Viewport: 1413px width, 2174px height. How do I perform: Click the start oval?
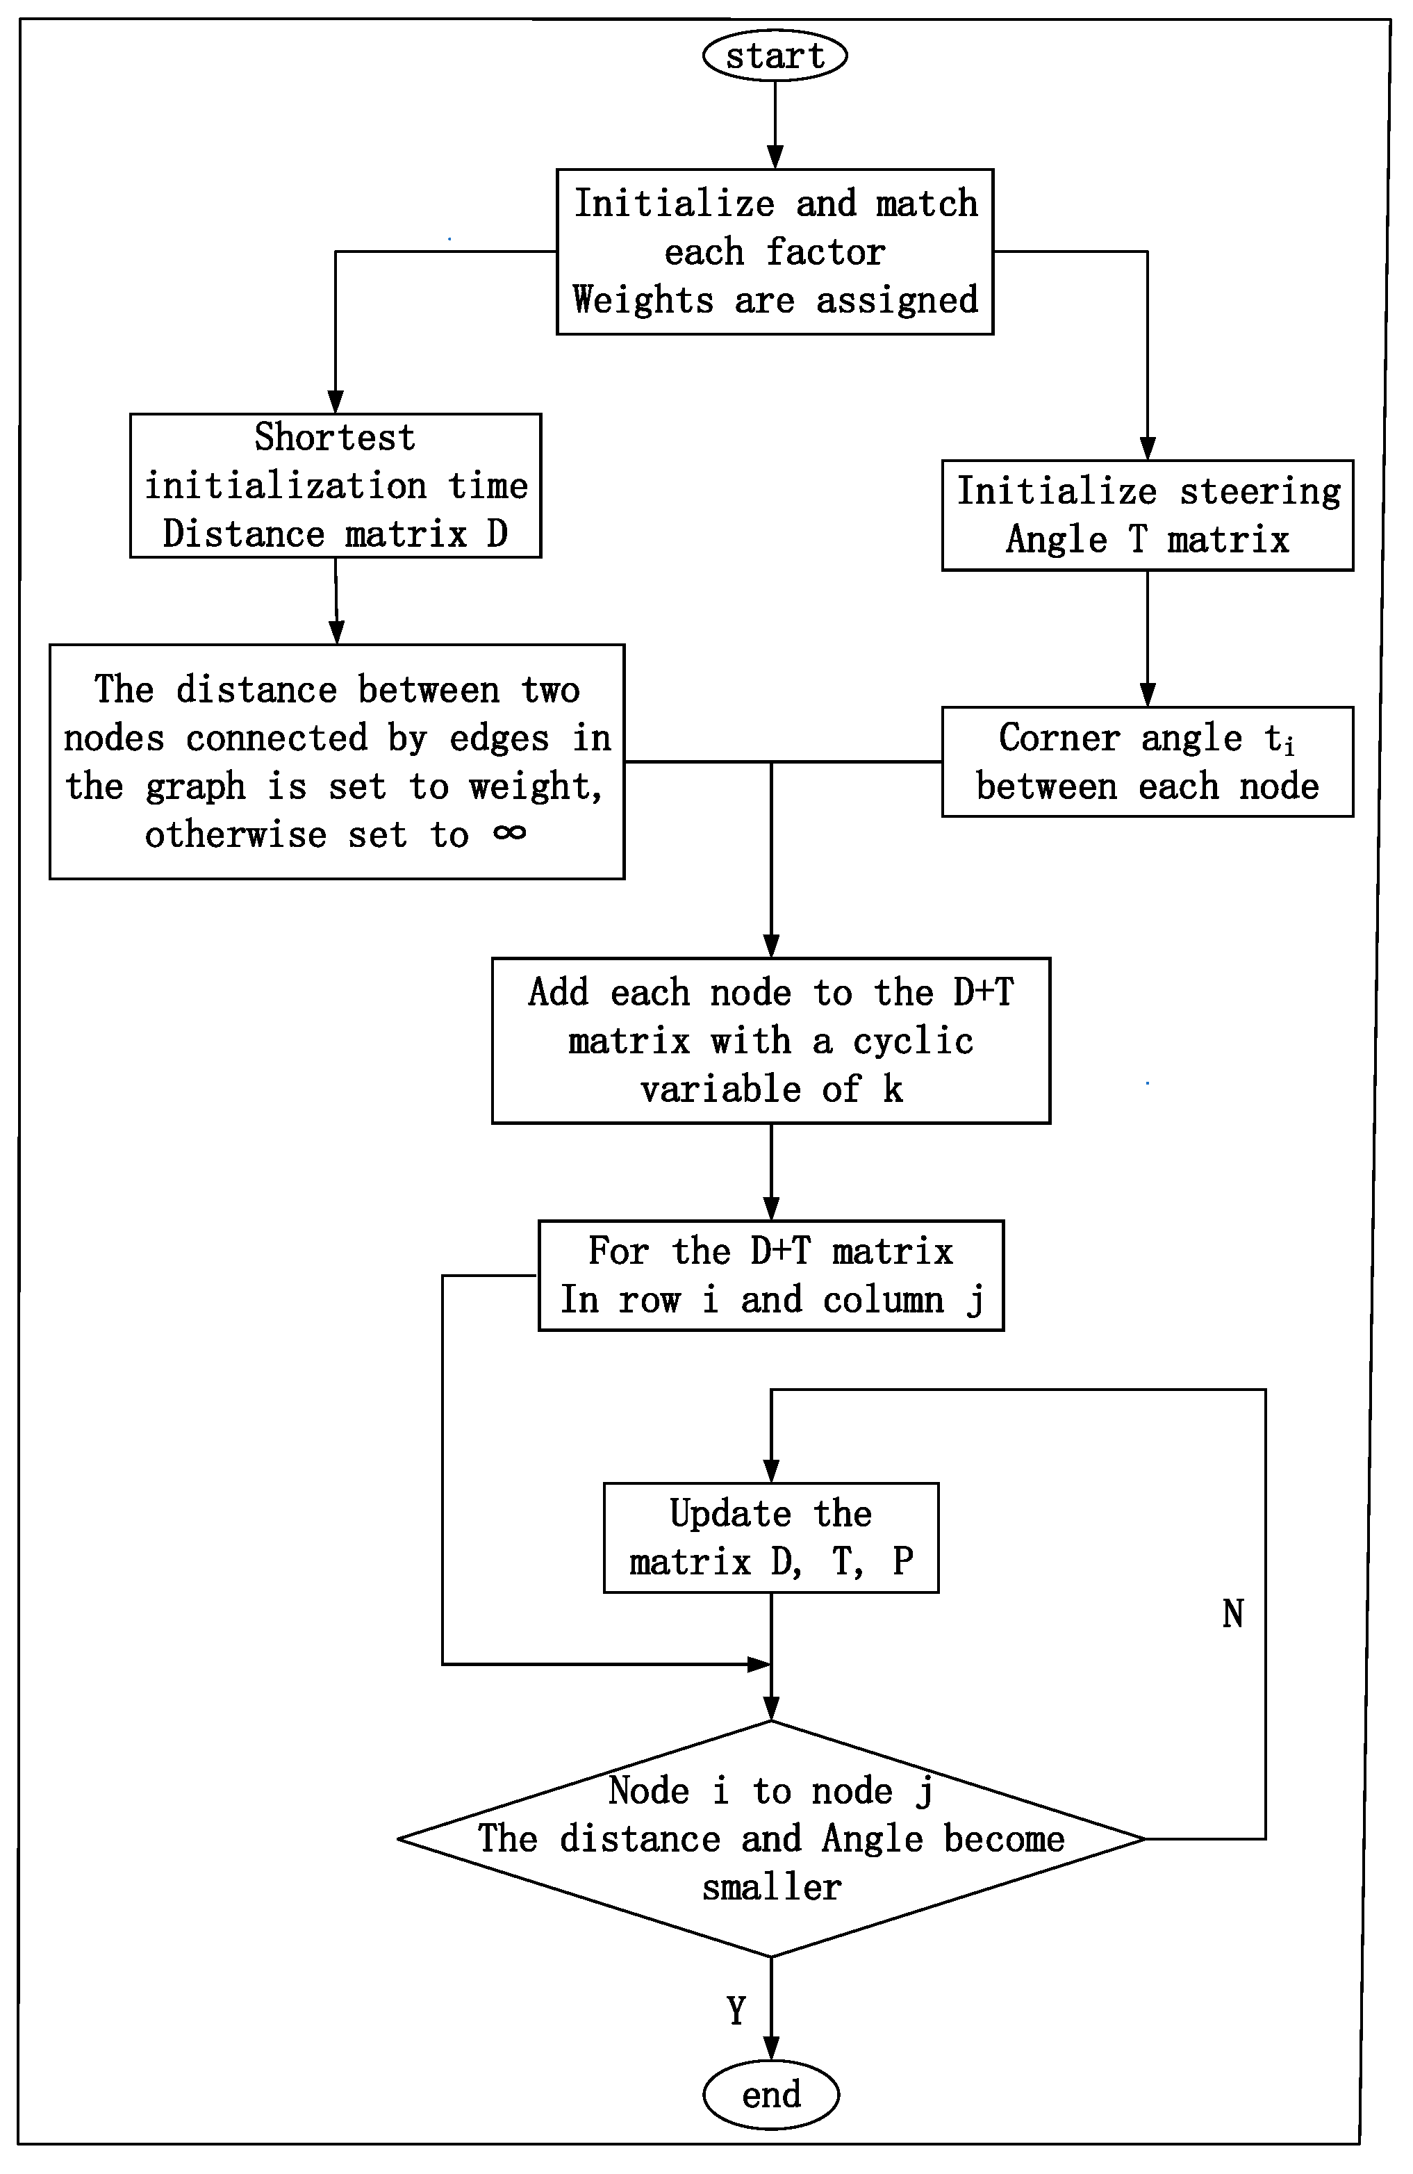(x=775, y=55)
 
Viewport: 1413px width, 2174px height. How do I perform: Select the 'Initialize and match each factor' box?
(x=775, y=252)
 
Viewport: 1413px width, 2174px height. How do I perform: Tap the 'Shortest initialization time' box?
(x=336, y=485)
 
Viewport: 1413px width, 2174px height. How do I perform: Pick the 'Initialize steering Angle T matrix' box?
(x=1147, y=515)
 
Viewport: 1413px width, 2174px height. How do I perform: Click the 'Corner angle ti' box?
(x=1147, y=761)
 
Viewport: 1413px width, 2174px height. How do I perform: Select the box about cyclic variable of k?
(x=771, y=1040)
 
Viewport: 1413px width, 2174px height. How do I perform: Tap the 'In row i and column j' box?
(x=771, y=1275)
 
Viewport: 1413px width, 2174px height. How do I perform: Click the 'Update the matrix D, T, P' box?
(x=771, y=1538)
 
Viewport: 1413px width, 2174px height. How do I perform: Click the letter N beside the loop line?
(x=1233, y=1614)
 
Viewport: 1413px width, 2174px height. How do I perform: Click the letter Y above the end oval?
(x=736, y=2011)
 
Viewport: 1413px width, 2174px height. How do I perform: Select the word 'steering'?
(x=1259, y=491)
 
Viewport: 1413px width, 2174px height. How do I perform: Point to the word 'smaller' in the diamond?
(x=771, y=1886)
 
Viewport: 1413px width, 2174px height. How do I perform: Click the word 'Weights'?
(x=642, y=299)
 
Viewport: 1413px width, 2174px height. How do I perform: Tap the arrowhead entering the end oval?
(x=771, y=2048)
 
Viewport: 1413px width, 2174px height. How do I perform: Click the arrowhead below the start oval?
(x=775, y=156)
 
